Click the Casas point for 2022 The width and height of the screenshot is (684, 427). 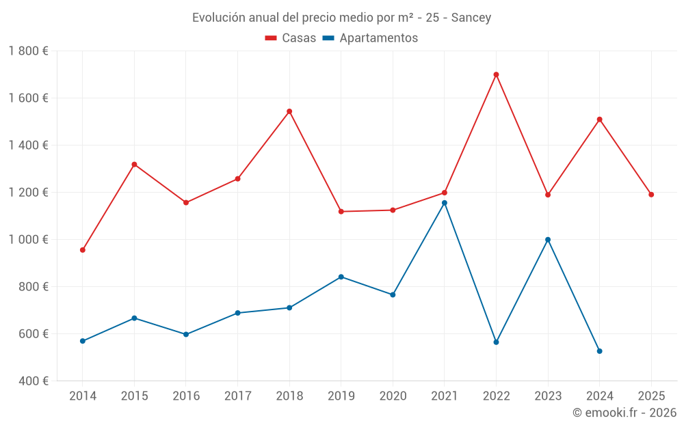click(496, 74)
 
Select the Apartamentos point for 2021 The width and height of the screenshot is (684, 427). click(445, 203)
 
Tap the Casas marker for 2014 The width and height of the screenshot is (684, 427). click(83, 250)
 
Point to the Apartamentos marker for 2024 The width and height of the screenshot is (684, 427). click(600, 351)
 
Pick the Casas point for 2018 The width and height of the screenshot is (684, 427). click(289, 111)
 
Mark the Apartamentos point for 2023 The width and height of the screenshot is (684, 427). click(548, 240)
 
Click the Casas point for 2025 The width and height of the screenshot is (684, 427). click(651, 195)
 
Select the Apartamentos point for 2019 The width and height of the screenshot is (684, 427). click(341, 277)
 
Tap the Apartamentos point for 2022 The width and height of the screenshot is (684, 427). click(496, 342)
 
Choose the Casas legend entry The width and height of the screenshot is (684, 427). click(291, 38)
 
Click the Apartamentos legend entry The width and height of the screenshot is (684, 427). click(370, 38)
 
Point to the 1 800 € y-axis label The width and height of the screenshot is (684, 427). click(29, 51)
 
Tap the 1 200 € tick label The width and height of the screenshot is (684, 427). click(29, 193)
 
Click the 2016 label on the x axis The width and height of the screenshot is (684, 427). click(186, 396)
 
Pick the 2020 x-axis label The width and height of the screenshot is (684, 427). click(393, 396)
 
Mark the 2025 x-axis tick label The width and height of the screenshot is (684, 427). click(651, 396)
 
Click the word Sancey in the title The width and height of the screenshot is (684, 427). click(471, 18)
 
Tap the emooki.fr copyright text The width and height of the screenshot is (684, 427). click(624, 413)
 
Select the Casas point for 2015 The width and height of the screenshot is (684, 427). click(134, 165)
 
